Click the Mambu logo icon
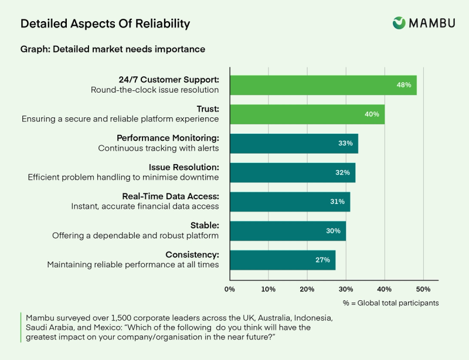[399, 23]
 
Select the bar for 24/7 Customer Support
[322, 85]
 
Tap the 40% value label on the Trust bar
[372, 114]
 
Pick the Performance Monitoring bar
[293, 143]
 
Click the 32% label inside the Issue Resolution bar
[342, 172]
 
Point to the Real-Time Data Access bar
[290, 202]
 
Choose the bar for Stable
[287, 230]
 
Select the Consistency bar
[282, 260]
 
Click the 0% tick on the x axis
[230, 289]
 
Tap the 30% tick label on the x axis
[345, 289]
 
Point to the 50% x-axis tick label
[423, 289]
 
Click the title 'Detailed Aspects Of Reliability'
[105, 24]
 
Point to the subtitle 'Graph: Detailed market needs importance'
[113, 49]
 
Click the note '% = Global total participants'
[390, 303]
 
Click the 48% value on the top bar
[403, 85]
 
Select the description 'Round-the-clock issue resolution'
[155, 90]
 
